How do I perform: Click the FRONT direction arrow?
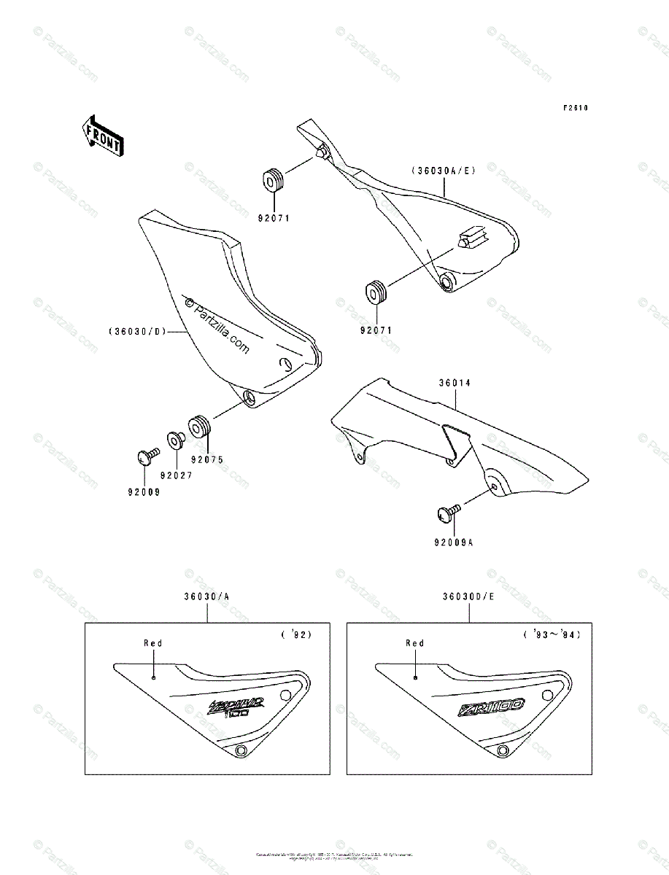coord(102,135)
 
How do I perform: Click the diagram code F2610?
coord(575,108)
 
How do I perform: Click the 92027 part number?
coord(177,475)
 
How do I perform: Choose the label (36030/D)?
coord(138,331)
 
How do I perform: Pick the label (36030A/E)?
coord(443,171)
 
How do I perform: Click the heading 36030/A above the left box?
coord(207,596)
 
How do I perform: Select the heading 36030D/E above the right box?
coord(468,596)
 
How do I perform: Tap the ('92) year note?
coord(296,634)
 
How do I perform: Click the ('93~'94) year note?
coord(552,634)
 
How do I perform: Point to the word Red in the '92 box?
coord(153,643)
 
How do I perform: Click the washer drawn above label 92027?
coord(176,440)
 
